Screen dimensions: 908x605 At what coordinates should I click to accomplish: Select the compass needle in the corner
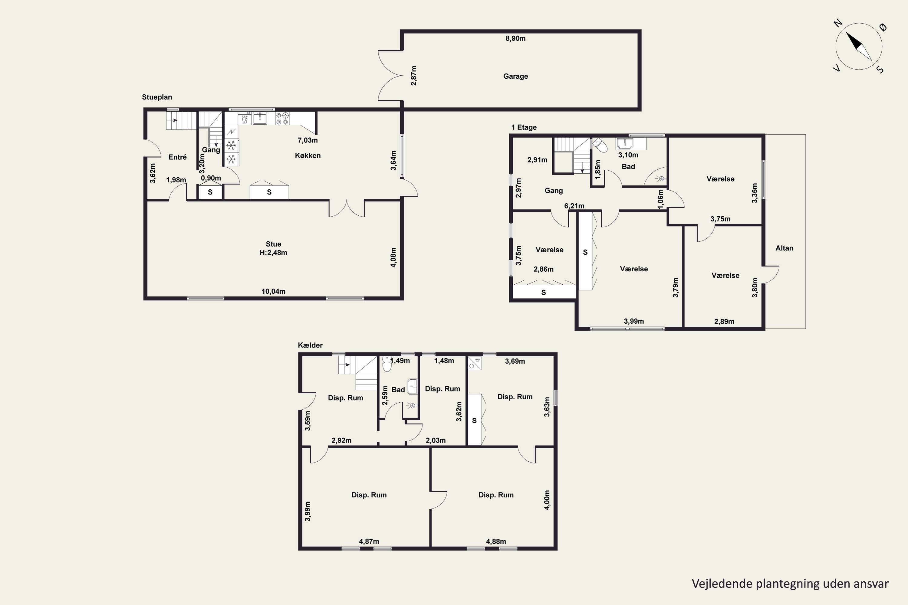click(x=859, y=46)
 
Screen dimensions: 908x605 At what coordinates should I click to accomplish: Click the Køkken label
click(x=308, y=155)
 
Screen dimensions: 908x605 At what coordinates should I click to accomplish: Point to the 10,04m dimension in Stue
click(x=273, y=291)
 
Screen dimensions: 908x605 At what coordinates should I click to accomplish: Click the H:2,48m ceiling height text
click(x=273, y=253)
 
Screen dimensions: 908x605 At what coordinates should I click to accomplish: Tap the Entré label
click(x=178, y=157)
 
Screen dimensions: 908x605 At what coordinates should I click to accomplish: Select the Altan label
click(x=785, y=248)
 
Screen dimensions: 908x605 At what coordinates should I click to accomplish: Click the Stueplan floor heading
click(x=157, y=97)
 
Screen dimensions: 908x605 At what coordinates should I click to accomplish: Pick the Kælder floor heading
click(x=310, y=345)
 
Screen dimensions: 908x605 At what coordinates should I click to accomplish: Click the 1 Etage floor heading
click(x=524, y=127)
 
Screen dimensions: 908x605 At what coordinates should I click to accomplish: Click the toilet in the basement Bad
click(x=387, y=364)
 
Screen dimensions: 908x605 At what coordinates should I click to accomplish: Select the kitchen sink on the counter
click(x=260, y=118)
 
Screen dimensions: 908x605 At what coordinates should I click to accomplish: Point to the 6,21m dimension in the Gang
click(x=574, y=206)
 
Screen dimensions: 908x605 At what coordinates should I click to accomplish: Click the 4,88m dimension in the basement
click(x=496, y=542)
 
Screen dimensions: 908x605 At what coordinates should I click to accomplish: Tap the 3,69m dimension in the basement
click(x=515, y=361)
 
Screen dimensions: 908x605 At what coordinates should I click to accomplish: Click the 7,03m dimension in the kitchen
click(x=308, y=140)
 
